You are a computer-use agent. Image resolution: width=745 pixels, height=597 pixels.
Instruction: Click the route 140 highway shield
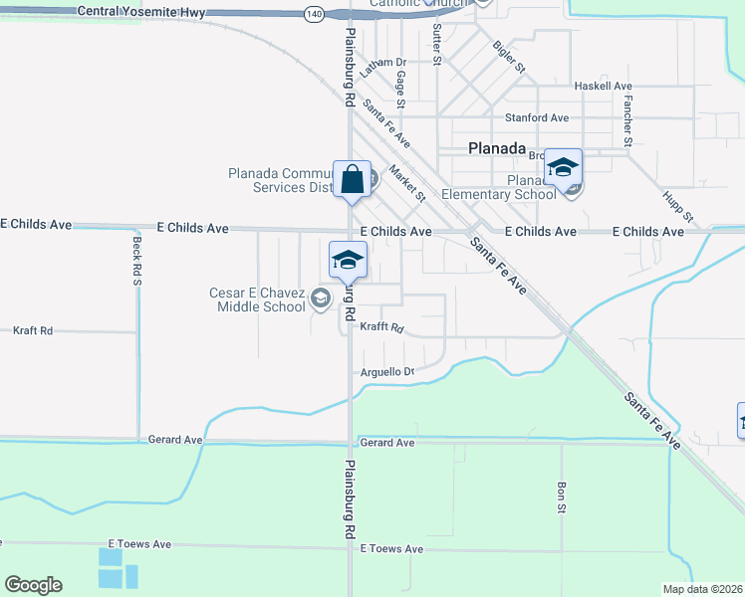[x=315, y=13]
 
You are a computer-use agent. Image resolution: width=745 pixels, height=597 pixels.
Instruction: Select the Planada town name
[x=497, y=148]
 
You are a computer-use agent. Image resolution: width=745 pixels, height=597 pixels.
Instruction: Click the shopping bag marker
[x=352, y=180]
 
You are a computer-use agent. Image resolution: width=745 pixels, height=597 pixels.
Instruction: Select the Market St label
[x=407, y=183]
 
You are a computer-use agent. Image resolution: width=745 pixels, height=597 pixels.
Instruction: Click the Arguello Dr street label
[x=386, y=372]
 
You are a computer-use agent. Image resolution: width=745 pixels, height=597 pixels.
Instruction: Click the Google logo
[x=34, y=585]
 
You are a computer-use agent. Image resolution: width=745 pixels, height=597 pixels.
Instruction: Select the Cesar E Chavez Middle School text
[x=257, y=299]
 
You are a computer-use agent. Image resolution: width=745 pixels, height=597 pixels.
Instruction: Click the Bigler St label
[x=508, y=58]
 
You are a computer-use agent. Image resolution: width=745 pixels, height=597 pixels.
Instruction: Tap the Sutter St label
[x=437, y=46]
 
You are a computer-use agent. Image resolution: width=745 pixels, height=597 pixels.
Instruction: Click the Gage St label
[x=400, y=89]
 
